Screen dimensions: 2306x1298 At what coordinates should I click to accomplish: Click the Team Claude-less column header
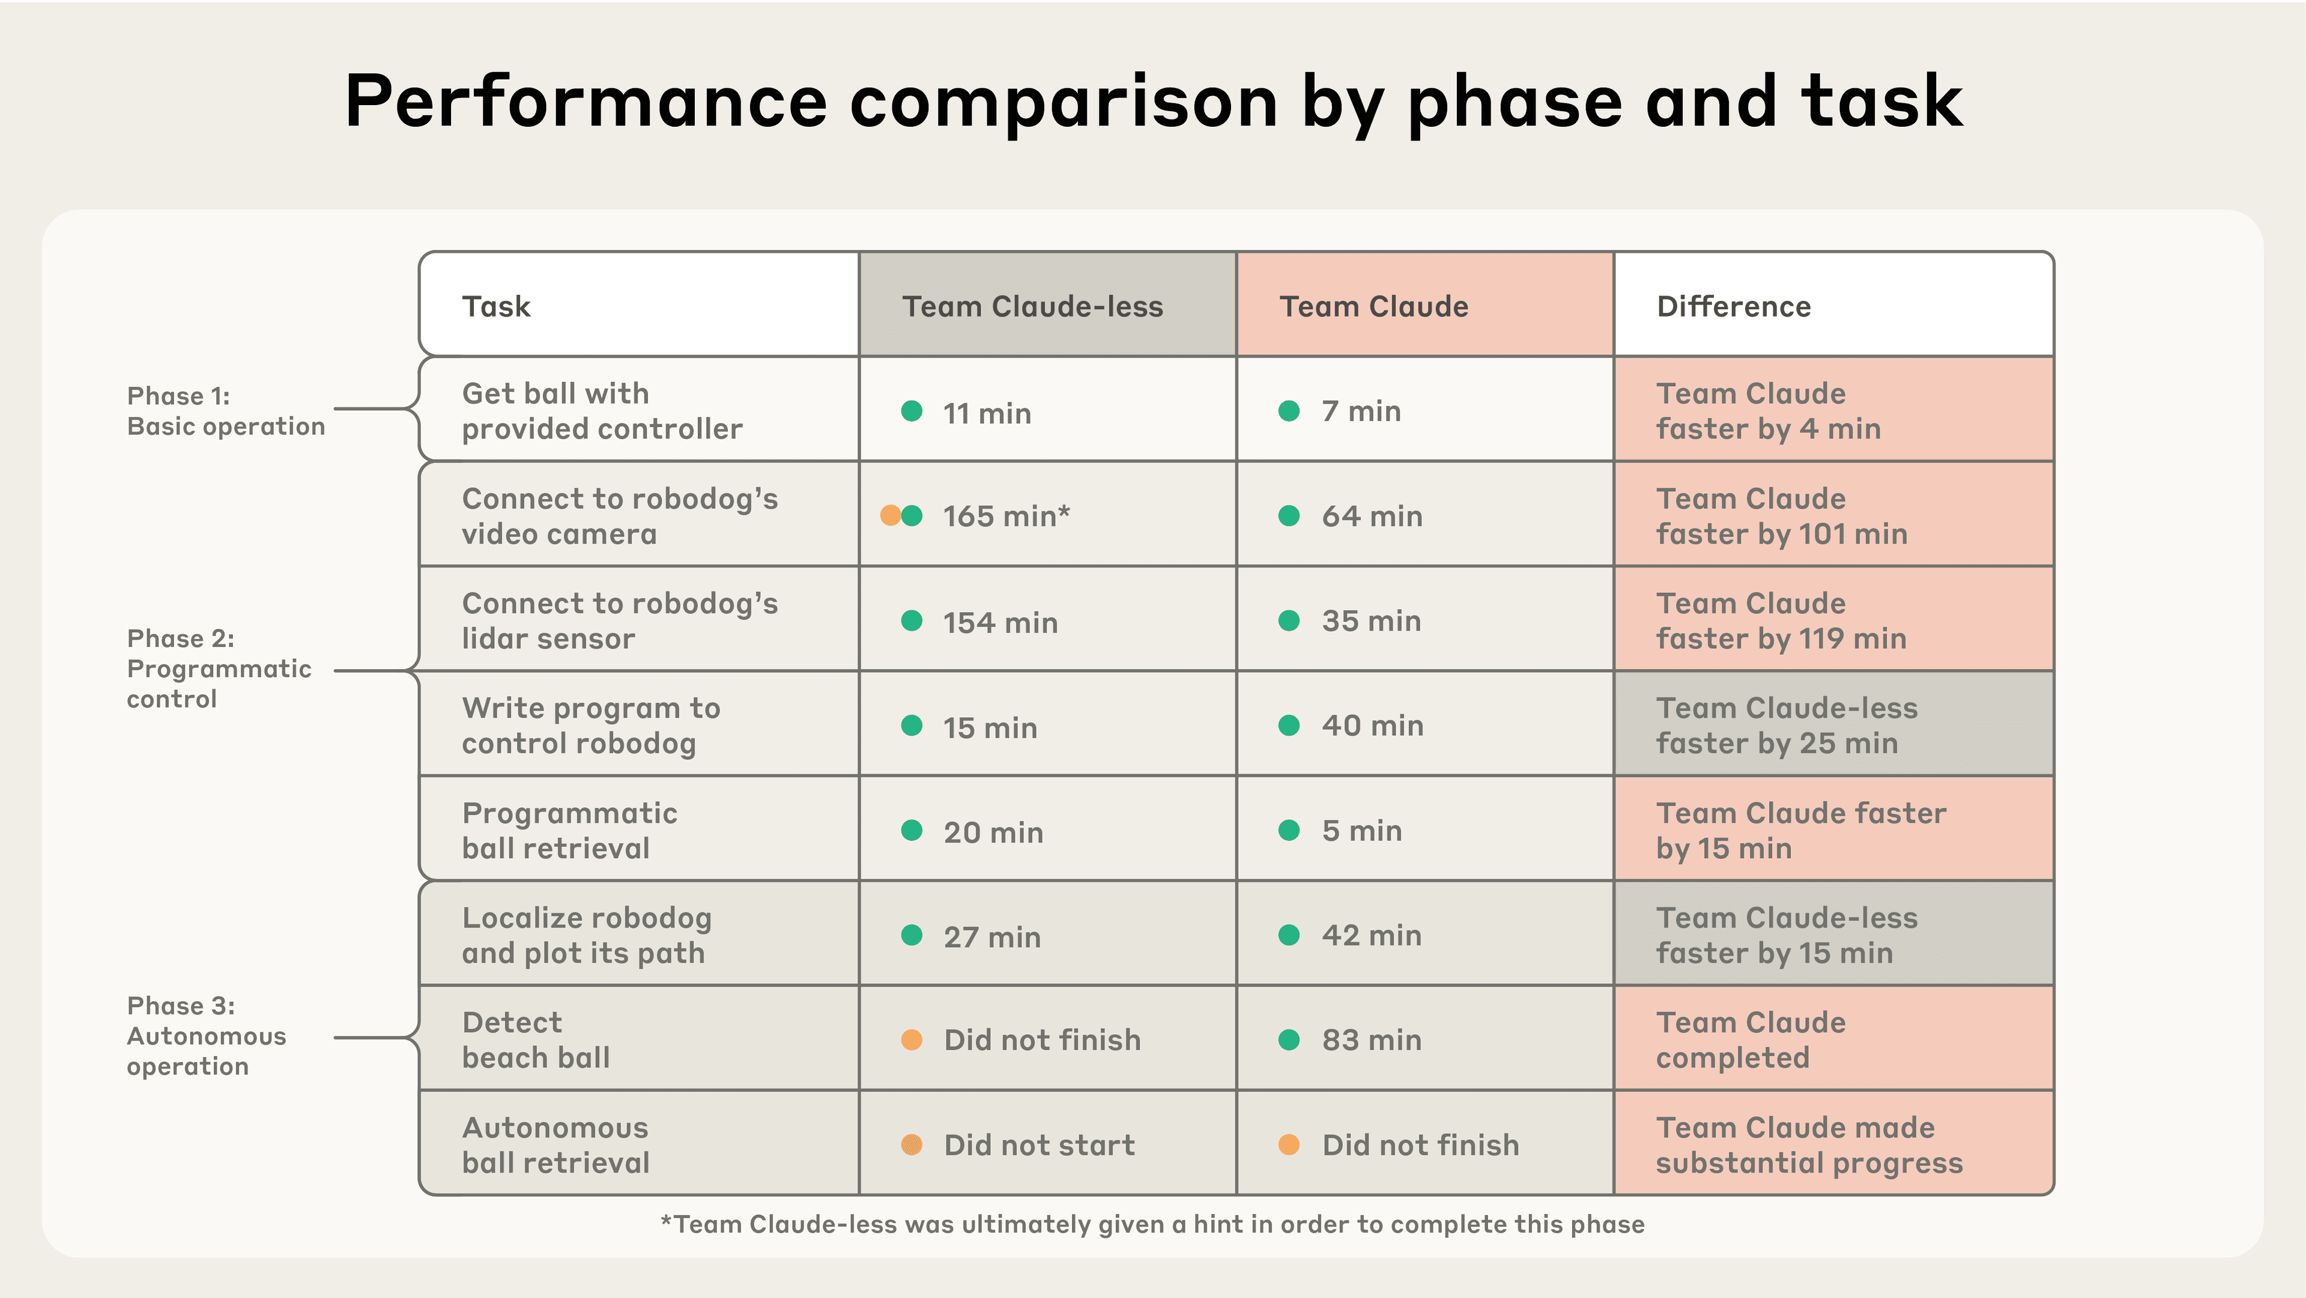(1032, 306)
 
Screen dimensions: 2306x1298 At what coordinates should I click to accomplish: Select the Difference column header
(1734, 306)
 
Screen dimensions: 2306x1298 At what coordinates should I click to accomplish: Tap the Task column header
(496, 306)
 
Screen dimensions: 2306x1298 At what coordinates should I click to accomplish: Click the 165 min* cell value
(1006, 517)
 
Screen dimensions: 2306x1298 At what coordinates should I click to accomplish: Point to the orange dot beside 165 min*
(890, 515)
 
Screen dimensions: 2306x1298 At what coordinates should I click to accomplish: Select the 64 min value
(1372, 517)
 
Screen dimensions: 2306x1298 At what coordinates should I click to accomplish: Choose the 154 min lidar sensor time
(1000, 622)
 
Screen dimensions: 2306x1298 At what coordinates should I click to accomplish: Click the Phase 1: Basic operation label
(226, 411)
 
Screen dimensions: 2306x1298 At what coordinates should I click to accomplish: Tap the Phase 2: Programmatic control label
(219, 669)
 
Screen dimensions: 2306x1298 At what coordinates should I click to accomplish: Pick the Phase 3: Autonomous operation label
(207, 1036)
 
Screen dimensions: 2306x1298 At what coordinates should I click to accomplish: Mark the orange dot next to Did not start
(912, 1144)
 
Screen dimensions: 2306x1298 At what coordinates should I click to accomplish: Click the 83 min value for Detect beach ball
(1372, 1040)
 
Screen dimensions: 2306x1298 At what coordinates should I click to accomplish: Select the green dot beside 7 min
(1289, 411)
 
